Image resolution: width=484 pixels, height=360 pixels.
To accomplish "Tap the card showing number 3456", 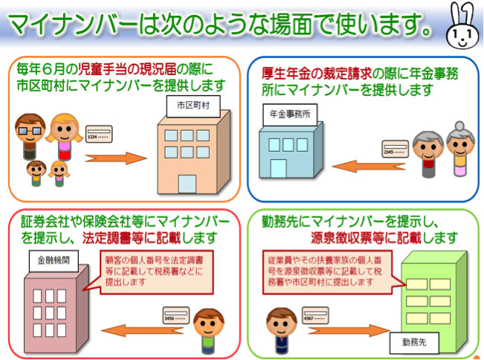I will point(170,316).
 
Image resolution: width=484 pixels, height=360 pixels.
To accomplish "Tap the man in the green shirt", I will point(209,330).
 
